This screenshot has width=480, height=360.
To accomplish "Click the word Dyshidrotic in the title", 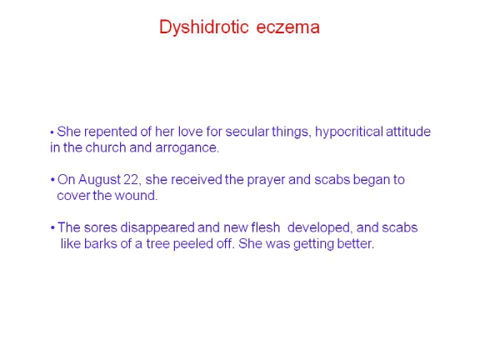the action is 204,27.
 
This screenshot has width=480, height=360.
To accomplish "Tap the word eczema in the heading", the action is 288,27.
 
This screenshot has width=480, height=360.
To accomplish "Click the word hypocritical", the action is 349,132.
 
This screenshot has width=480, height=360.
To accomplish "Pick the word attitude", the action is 408,132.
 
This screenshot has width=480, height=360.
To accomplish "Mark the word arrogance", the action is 187,148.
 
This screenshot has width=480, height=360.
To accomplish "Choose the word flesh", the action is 265,228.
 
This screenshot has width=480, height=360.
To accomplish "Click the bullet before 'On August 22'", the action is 52,180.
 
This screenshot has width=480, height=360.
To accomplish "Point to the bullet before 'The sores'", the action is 52,227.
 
